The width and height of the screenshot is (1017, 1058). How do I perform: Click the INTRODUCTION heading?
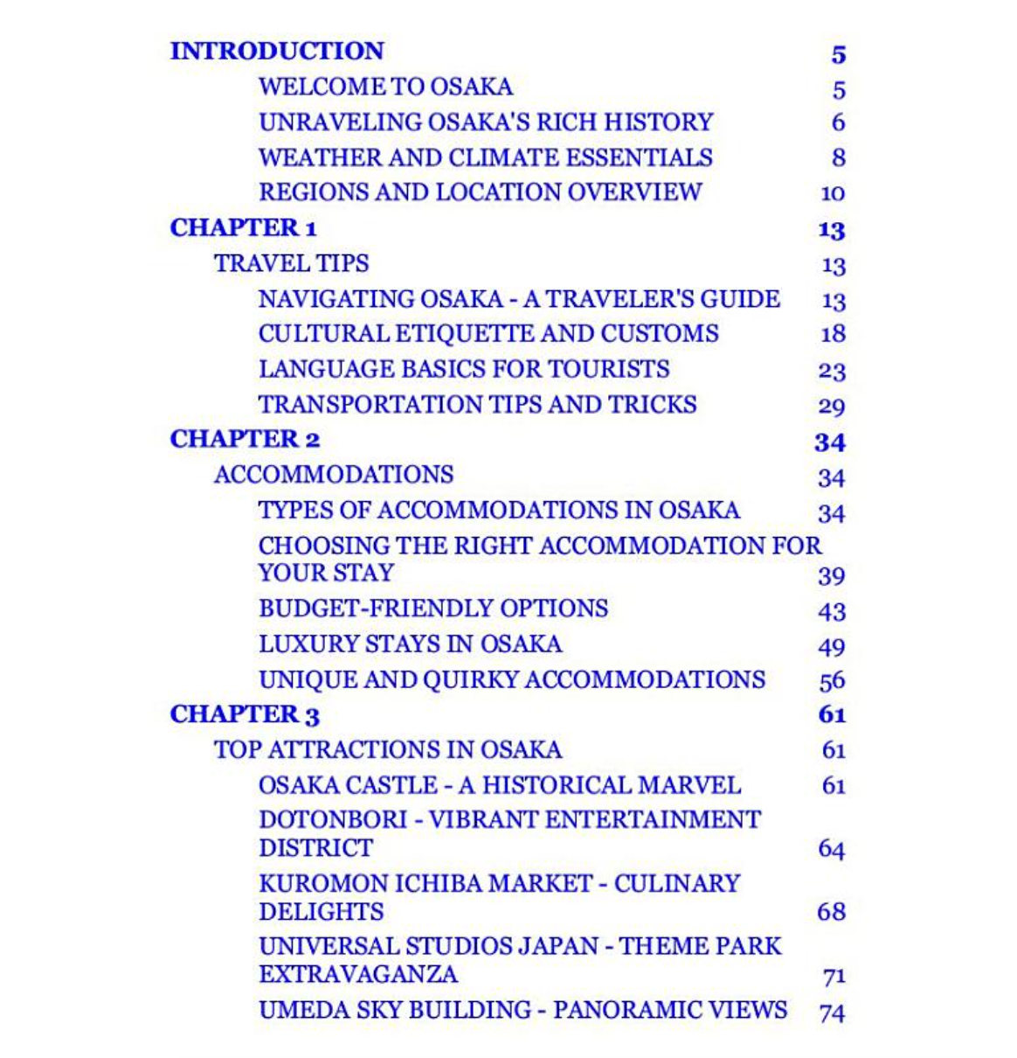(277, 51)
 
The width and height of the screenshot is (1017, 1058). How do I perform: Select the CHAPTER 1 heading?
(243, 228)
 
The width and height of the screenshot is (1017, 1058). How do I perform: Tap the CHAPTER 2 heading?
(245, 439)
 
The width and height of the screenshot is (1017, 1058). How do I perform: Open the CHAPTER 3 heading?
(245, 714)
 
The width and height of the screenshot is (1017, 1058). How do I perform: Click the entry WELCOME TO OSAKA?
(385, 87)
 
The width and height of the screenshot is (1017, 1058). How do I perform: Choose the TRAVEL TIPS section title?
(291, 263)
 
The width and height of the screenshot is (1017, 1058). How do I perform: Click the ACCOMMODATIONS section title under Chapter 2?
(334, 475)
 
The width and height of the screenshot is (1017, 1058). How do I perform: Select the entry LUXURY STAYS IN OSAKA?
(410, 644)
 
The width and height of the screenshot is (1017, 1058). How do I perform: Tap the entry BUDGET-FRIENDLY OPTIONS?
(433, 609)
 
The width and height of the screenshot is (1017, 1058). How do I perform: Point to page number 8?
(838, 158)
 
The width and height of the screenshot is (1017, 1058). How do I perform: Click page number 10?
(833, 193)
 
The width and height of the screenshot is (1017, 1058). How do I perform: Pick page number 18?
(833, 334)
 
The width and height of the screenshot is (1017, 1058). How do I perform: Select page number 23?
(832, 371)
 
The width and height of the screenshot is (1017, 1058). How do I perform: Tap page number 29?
(832, 407)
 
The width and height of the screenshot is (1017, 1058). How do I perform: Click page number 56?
(832, 681)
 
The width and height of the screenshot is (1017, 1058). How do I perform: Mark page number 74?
(832, 1013)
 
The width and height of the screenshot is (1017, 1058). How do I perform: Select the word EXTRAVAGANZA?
(358, 974)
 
